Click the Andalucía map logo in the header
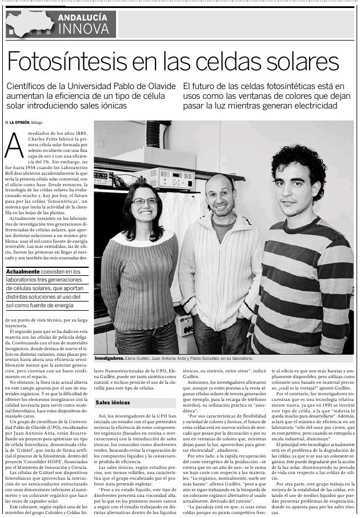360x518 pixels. (x=29, y=22)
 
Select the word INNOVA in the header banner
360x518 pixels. (x=82, y=29)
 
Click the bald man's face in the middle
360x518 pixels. (x=220, y=194)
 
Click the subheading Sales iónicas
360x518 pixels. (x=109, y=403)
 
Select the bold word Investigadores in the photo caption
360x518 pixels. (x=109, y=358)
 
